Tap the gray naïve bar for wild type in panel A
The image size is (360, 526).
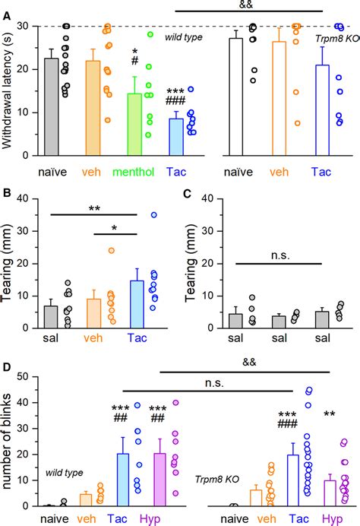pyautogui.click(x=51, y=107)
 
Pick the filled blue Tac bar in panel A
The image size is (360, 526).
pyautogui.click(x=175, y=137)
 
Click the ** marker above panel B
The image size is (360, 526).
pyautogui.click(x=93, y=208)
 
